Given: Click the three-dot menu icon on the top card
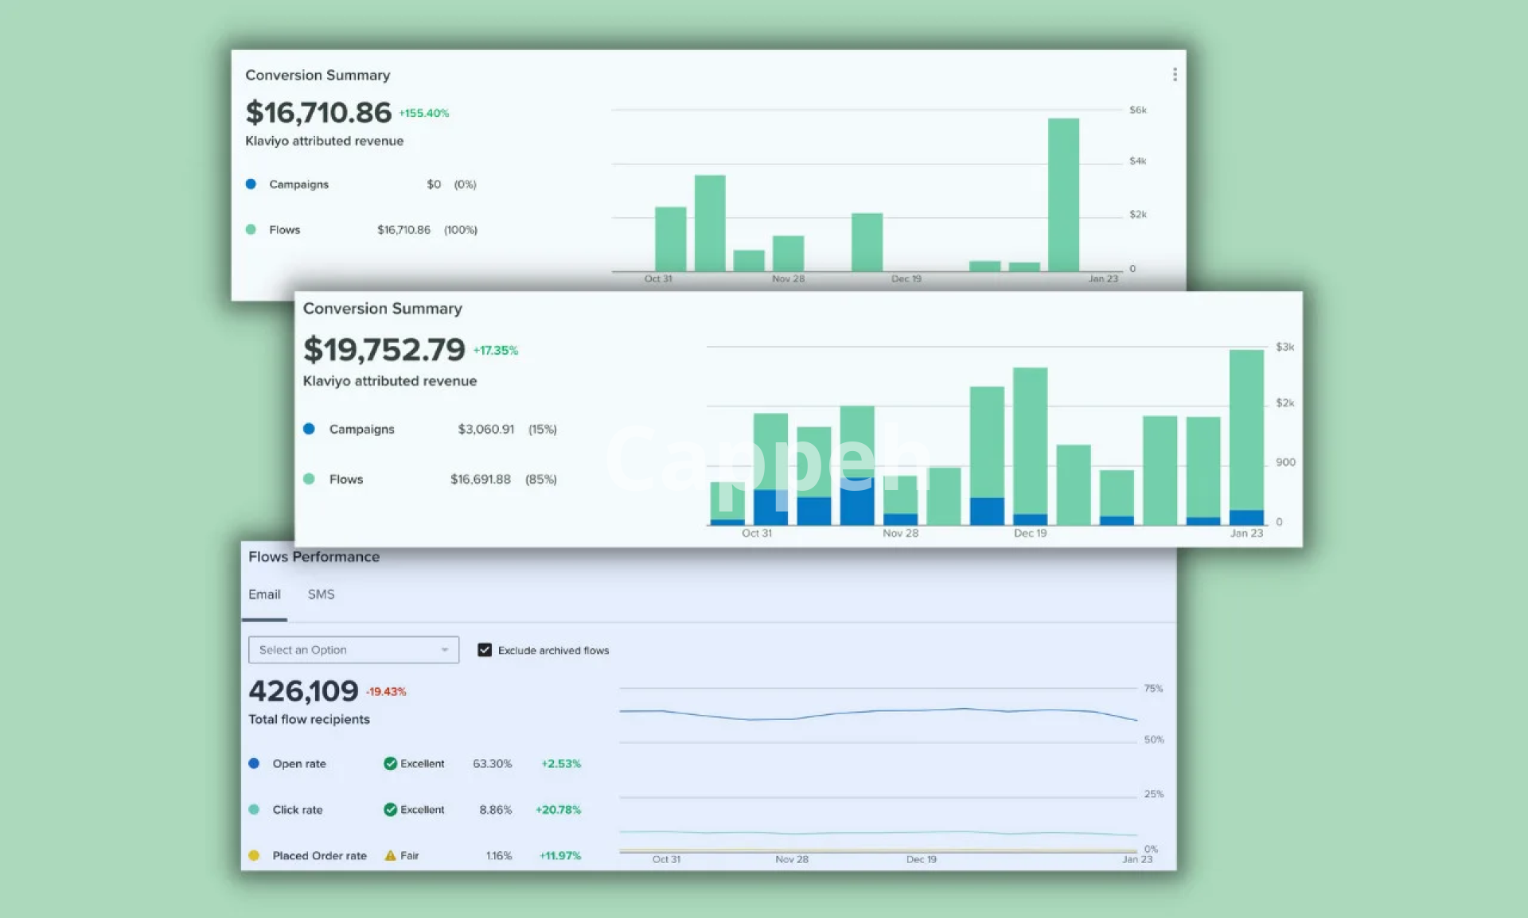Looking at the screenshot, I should click(1175, 75).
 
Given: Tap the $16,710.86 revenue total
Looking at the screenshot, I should click(318, 113).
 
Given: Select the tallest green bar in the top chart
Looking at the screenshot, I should click(1063, 195).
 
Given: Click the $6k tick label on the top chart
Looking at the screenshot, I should click(1138, 110).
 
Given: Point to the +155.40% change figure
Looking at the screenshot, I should click(424, 114).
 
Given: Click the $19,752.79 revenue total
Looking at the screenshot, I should click(384, 350).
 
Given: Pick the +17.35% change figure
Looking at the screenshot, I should click(496, 351).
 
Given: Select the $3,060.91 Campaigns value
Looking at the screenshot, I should click(485, 430).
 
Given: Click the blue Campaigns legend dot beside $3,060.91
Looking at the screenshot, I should click(309, 429).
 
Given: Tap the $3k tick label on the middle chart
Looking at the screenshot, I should click(1284, 347).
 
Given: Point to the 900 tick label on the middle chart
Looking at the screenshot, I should click(1285, 462).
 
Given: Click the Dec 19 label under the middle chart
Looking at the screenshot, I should click(1030, 533).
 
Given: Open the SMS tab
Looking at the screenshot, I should click(321, 594).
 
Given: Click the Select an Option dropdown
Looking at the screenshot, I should click(353, 650).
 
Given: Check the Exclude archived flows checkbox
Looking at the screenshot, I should click(485, 650).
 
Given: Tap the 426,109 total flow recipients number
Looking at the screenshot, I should click(303, 691).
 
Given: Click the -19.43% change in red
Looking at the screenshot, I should click(386, 692).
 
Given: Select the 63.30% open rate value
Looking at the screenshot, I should click(492, 764).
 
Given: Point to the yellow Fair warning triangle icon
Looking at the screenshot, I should click(390, 856).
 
